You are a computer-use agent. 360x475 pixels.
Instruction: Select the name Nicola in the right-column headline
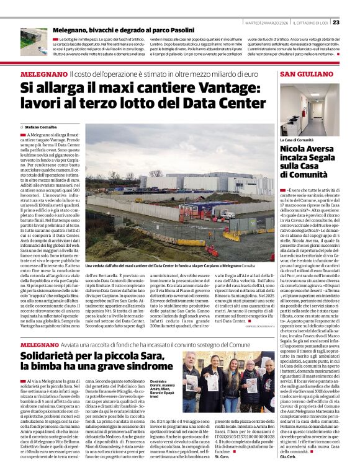point(295,149)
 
